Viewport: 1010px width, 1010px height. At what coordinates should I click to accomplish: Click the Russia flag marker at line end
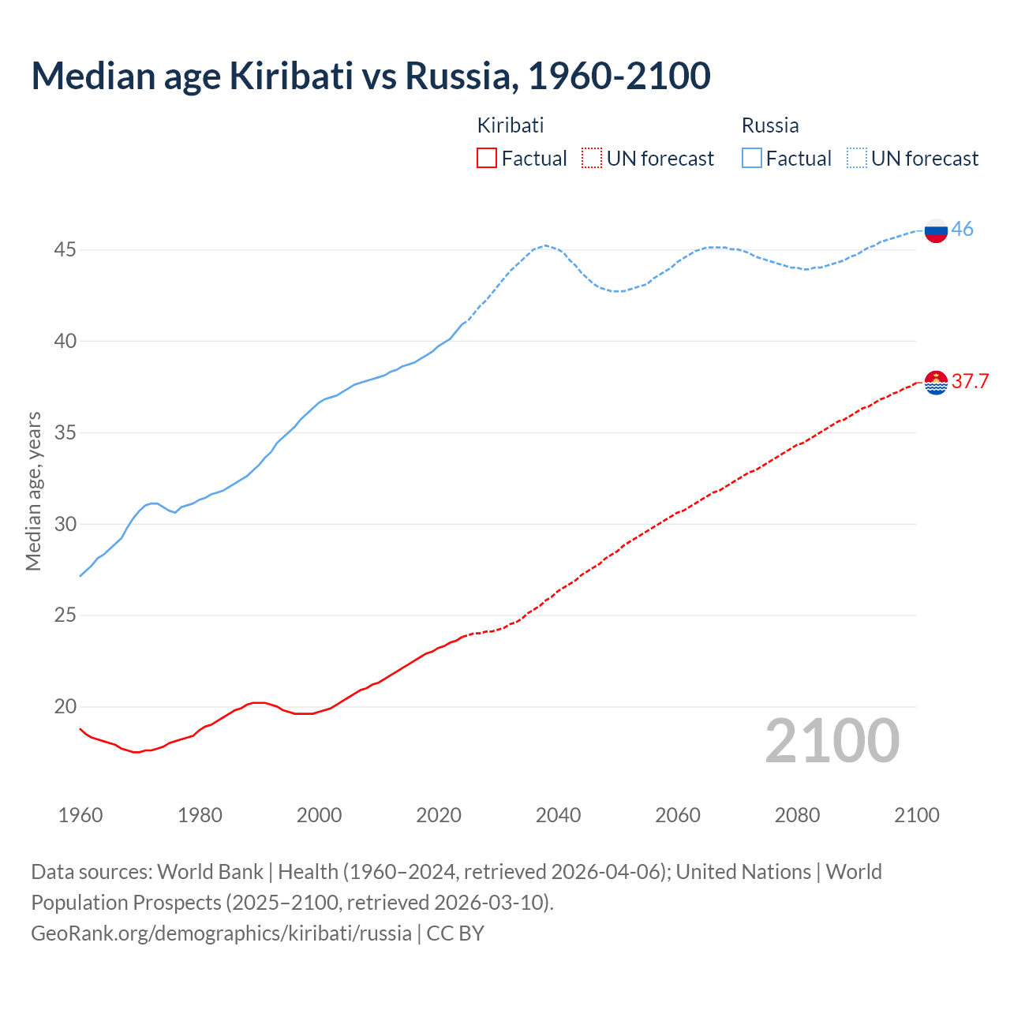pos(936,231)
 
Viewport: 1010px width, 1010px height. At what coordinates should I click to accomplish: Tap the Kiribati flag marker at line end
pos(936,382)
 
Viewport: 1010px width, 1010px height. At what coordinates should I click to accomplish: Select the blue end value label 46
pos(962,230)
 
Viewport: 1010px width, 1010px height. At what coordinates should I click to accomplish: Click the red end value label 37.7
pos(970,382)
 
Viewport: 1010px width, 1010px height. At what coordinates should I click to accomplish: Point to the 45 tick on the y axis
pos(65,250)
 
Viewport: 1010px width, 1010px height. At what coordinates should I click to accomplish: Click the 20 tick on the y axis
pos(65,707)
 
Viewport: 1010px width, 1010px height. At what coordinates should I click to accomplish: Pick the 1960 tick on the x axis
pos(80,815)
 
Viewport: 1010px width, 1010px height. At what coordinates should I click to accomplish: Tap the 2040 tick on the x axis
pos(558,815)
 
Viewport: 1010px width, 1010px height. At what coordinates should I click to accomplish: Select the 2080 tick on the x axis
pos(797,815)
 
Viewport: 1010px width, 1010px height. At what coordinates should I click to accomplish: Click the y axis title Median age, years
pos(33,491)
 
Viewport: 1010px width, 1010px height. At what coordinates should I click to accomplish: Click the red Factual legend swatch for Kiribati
pos(487,159)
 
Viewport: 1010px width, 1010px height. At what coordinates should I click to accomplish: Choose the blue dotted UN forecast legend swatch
pos(857,159)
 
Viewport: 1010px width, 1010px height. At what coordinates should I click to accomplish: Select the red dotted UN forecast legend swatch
pos(592,159)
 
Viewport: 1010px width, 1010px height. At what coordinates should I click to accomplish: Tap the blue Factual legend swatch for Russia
pos(752,159)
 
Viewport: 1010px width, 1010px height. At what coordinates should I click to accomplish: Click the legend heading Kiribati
pos(511,125)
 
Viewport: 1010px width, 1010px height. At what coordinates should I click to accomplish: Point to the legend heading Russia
pos(770,125)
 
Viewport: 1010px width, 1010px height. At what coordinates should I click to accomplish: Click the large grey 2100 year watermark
pos(832,741)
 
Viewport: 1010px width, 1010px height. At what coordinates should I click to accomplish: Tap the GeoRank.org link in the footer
pos(221,933)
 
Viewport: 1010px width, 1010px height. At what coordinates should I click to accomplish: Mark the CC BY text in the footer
pos(455,933)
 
